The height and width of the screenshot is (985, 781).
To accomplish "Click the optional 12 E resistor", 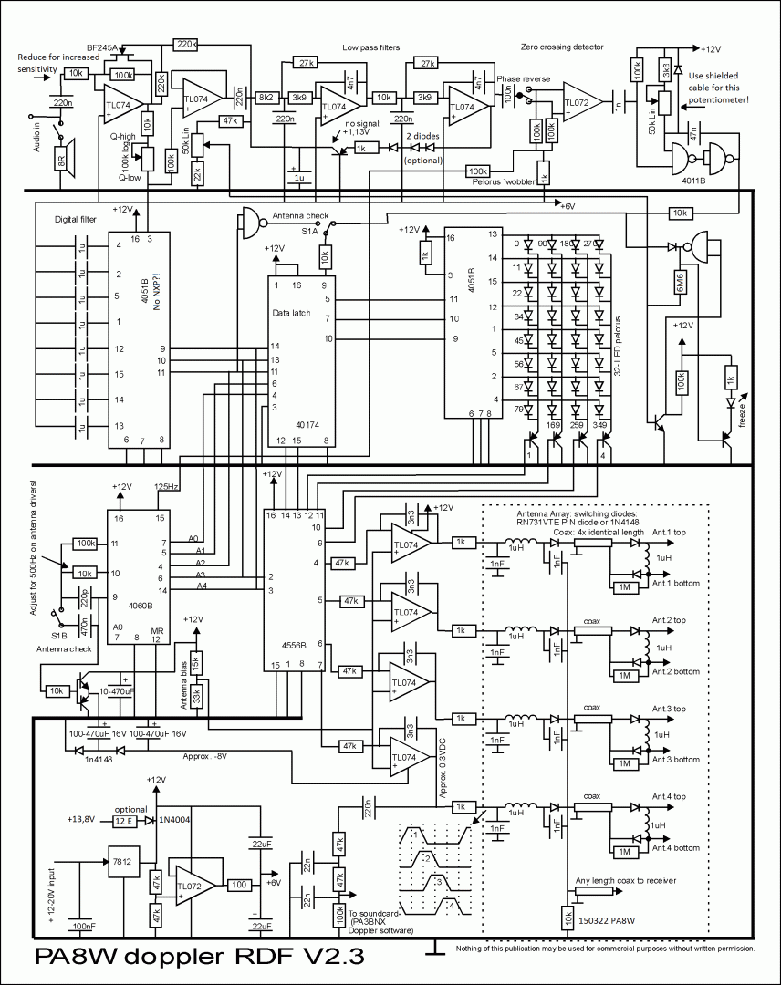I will (x=124, y=821).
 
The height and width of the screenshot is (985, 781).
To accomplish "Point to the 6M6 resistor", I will (x=681, y=286).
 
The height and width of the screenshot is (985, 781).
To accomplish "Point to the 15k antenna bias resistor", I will (x=195, y=658).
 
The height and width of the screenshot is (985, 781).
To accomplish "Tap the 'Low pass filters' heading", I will (x=371, y=47).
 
